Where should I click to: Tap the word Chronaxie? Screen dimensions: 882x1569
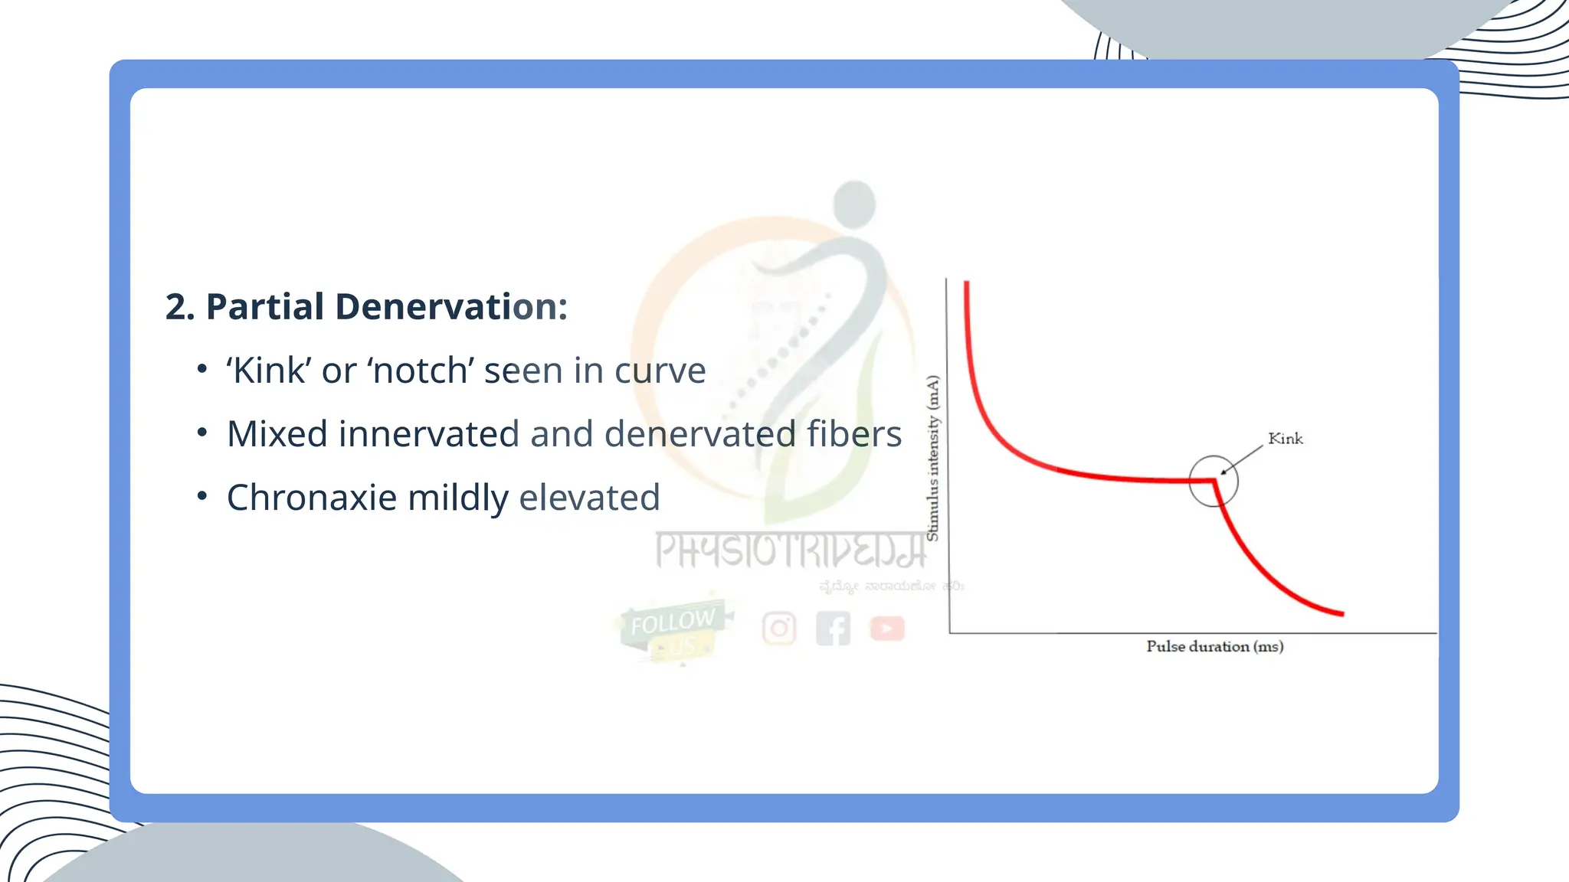click(x=312, y=498)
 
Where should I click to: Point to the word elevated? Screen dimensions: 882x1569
click(x=589, y=498)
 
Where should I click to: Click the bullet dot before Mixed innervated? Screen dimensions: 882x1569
click(x=202, y=433)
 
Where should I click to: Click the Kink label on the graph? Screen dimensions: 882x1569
click(x=1285, y=439)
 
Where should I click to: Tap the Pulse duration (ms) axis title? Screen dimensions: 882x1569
click(x=1214, y=646)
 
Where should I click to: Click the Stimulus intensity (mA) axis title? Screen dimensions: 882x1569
click(x=932, y=458)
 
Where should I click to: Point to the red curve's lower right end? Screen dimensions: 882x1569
click(x=1341, y=612)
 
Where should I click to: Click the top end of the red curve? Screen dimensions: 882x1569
click(x=967, y=284)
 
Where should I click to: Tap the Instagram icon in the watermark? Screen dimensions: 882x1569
click(x=779, y=629)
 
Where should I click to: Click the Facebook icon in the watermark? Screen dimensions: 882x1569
click(x=833, y=629)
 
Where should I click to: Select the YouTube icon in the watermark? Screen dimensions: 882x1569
click(x=887, y=629)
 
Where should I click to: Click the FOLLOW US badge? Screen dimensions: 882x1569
click(x=673, y=630)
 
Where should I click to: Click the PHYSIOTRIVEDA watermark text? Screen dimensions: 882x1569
click(x=790, y=550)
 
